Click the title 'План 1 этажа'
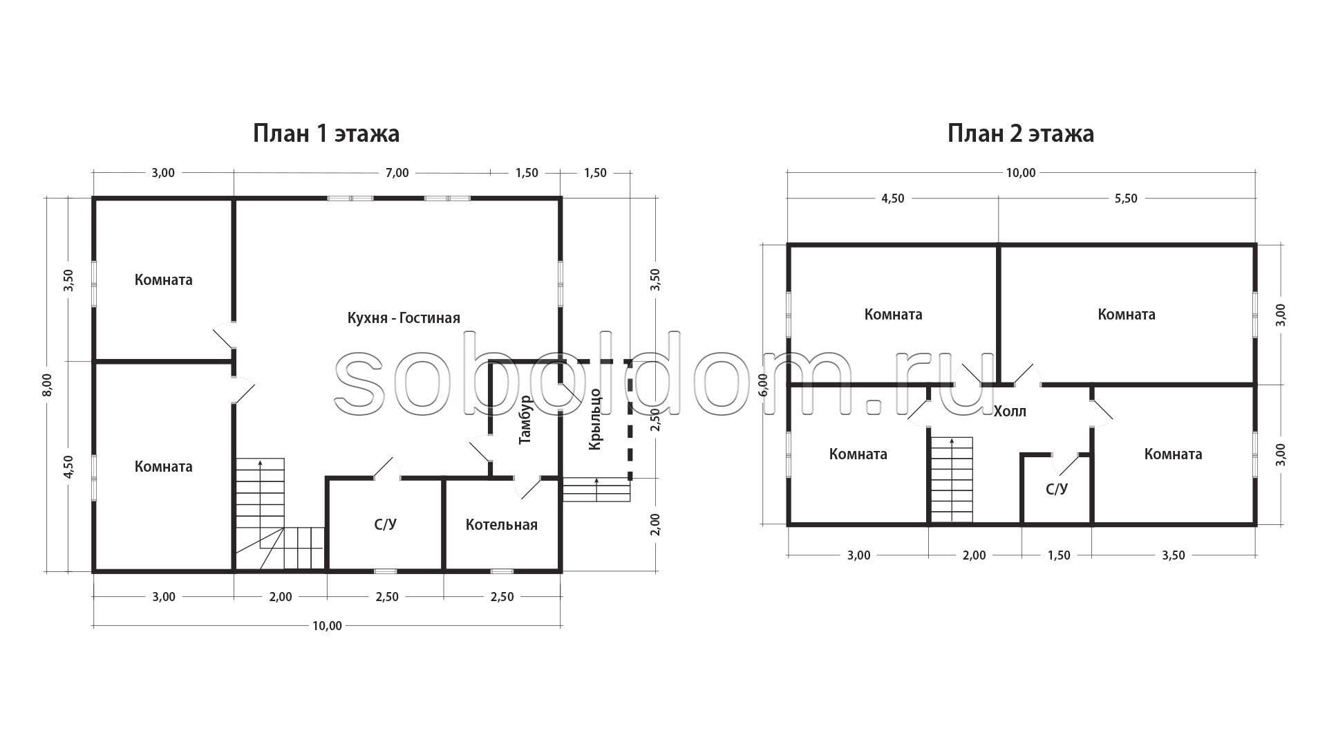326,133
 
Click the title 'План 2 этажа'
1021,133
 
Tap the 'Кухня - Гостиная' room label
404,318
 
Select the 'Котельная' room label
502,525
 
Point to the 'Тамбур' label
525,419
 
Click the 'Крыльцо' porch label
595,420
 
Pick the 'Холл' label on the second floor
1010,412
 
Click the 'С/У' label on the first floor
386,525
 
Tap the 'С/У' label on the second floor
1057,490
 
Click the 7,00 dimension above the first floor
397,173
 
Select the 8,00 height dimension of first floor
47,385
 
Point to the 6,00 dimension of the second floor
763,385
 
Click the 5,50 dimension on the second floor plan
1126,199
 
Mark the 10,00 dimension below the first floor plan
327,626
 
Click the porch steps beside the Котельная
596,490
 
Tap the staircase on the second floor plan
952,480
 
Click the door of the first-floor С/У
387,468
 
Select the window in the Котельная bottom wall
502,571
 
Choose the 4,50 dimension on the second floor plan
892,199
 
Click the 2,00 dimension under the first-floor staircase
281,597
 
